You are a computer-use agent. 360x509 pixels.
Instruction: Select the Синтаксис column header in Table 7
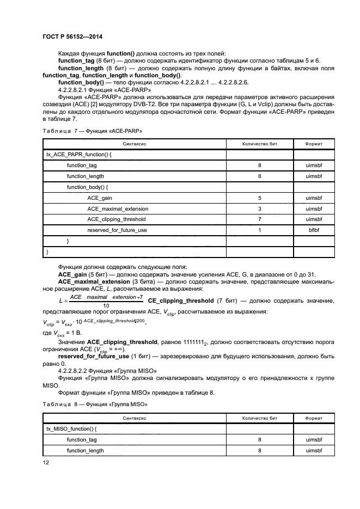point(135,144)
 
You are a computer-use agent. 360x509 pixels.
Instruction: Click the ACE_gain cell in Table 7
point(99,198)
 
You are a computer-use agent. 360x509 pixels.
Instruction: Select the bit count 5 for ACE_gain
point(260,198)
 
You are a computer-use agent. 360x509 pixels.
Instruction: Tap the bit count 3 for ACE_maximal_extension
point(260,208)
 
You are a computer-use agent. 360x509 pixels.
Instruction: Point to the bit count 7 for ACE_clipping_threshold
point(260,219)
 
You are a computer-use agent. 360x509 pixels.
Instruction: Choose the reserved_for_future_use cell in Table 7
point(117,230)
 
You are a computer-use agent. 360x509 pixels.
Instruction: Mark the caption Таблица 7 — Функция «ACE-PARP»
point(91,131)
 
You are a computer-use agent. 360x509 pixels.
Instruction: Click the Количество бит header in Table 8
point(260,418)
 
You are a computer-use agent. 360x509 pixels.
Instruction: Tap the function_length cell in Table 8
point(85,451)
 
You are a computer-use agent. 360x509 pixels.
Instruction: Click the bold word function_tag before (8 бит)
point(76,61)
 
